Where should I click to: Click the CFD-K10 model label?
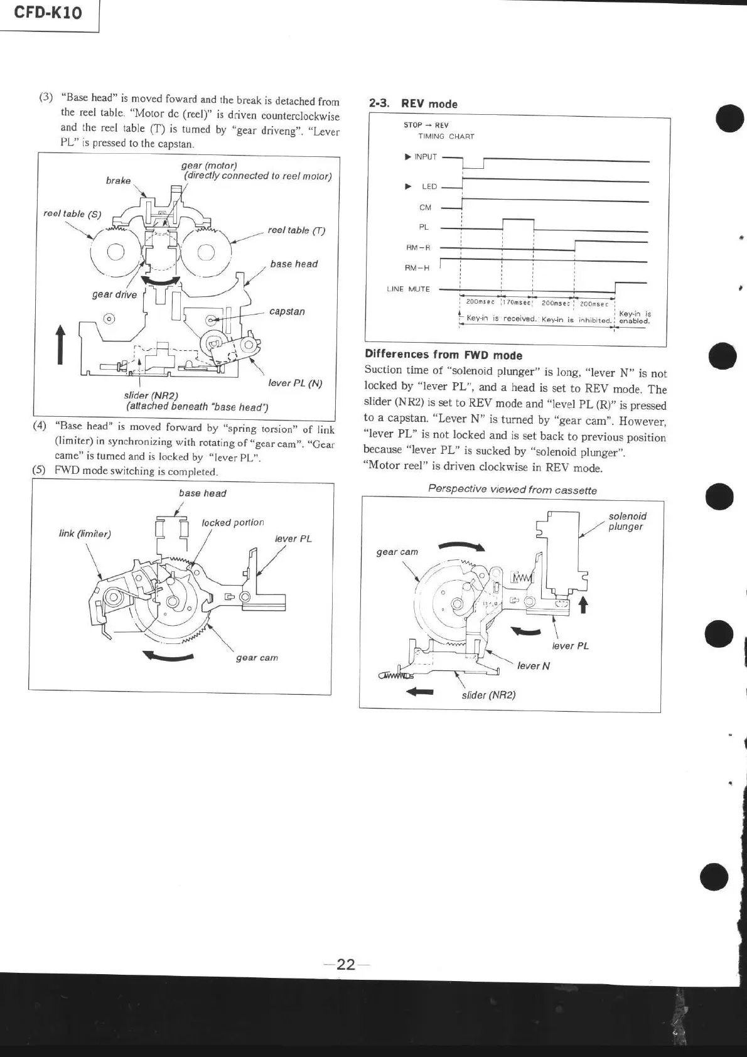(x=48, y=13)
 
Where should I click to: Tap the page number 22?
(x=346, y=964)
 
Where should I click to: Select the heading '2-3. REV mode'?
(x=413, y=104)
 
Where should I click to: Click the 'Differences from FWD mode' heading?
(x=443, y=355)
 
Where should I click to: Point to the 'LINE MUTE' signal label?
(x=408, y=289)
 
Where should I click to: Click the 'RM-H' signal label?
(x=417, y=268)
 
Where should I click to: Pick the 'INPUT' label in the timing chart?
(x=425, y=157)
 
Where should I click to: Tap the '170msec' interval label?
(x=517, y=303)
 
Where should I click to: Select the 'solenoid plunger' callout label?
(x=627, y=522)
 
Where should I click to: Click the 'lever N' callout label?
(x=533, y=666)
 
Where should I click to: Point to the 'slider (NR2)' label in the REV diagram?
(x=488, y=695)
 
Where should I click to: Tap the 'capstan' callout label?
(x=287, y=311)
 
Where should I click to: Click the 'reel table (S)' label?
(x=72, y=214)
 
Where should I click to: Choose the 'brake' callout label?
(x=118, y=181)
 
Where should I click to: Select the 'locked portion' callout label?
(x=232, y=522)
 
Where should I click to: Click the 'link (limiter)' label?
(x=85, y=534)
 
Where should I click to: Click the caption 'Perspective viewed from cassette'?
(x=512, y=490)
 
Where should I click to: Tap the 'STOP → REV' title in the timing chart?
(x=426, y=125)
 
